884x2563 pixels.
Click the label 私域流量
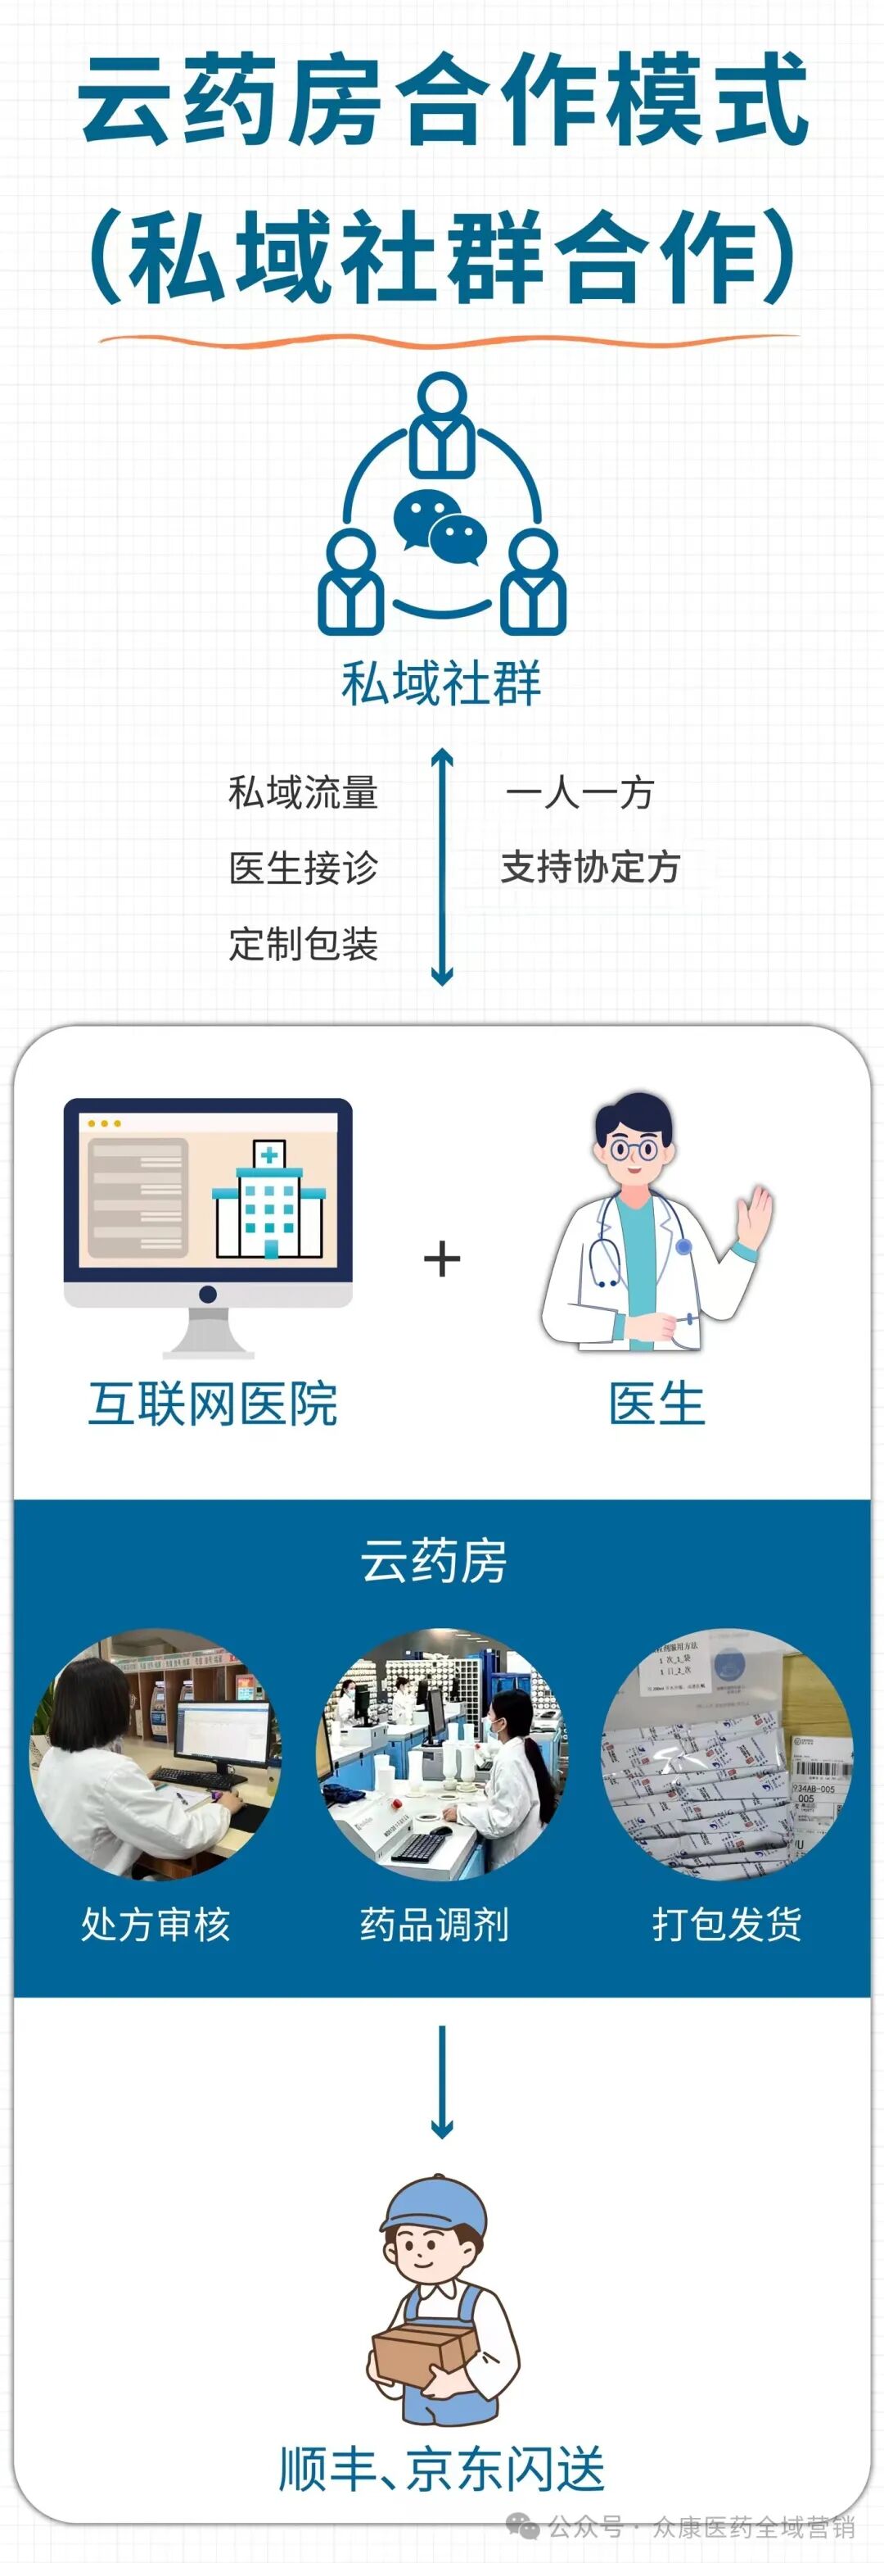click(x=304, y=793)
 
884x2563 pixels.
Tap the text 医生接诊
click(x=304, y=868)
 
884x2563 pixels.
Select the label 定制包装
click(x=304, y=943)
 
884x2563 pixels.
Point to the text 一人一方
click(x=580, y=793)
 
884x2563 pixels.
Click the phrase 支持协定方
click(x=589, y=867)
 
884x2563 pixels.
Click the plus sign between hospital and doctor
click(x=441, y=1259)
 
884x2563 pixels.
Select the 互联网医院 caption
click(x=213, y=1404)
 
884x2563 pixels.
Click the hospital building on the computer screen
click(x=268, y=1198)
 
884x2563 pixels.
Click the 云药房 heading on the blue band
click(x=434, y=1560)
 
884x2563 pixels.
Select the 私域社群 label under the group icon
click(x=441, y=683)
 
